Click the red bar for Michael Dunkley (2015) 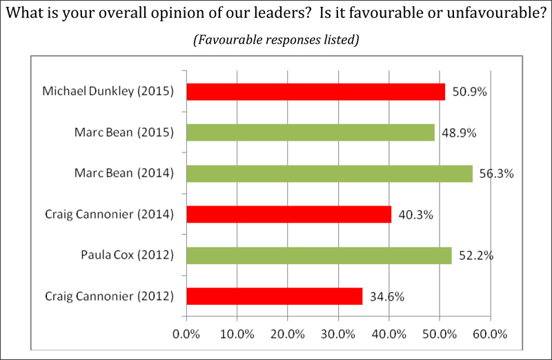tap(316, 92)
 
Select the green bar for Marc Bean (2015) tap(310, 132)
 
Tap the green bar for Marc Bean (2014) tap(329, 174)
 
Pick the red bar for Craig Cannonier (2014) tap(289, 214)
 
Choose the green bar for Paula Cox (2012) tap(319, 256)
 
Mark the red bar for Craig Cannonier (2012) tap(275, 297)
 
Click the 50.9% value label tap(470, 92)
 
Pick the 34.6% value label tap(387, 297)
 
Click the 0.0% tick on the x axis tap(186, 334)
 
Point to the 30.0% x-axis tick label tap(338, 334)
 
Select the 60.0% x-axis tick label tap(491, 334)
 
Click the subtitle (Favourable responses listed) tap(276, 39)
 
